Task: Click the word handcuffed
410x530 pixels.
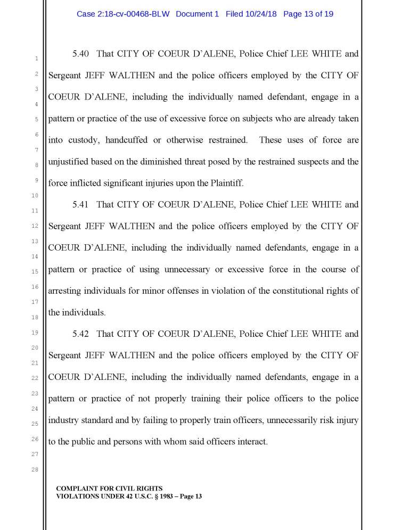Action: [127, 140]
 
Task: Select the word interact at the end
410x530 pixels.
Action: [250, 442]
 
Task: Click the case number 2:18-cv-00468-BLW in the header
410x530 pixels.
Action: [123, 14]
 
